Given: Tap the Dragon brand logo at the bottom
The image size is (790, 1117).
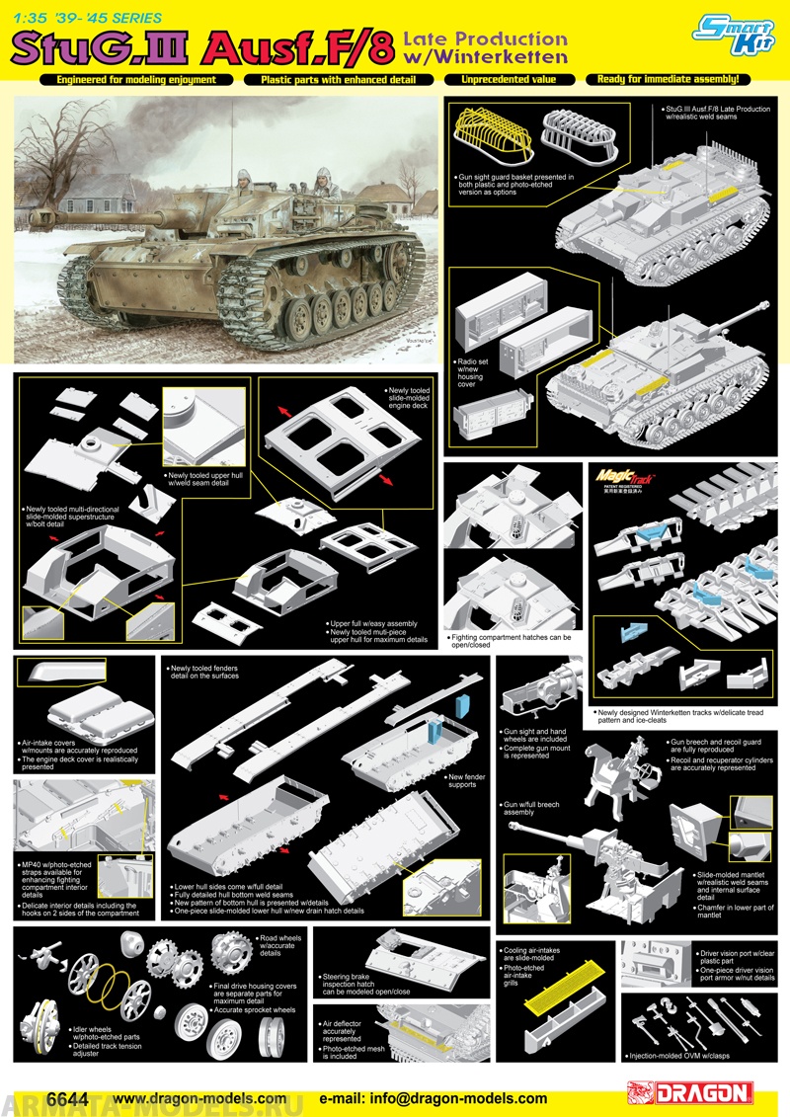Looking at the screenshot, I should point(690,1093).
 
